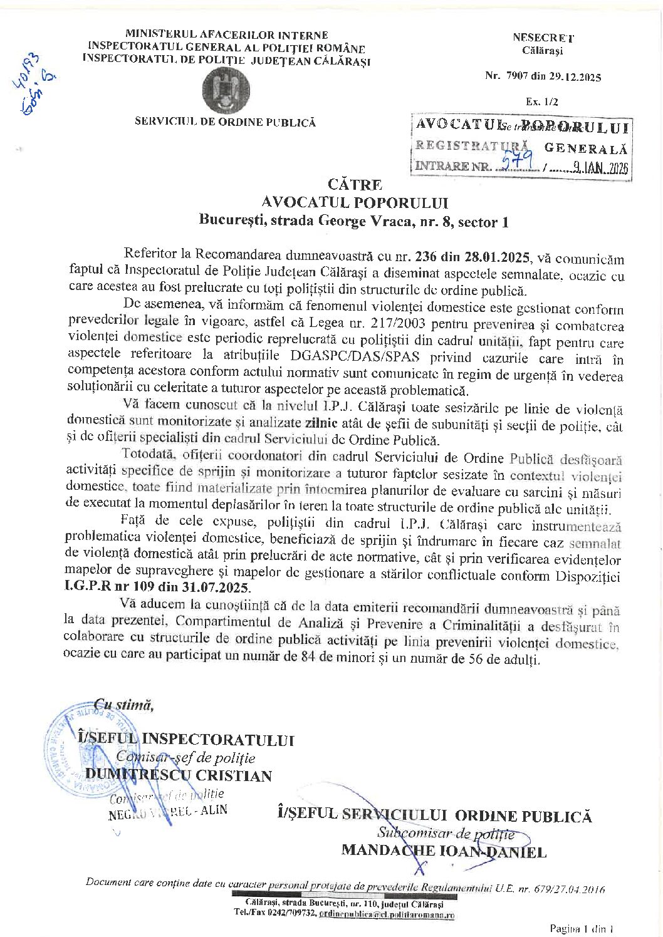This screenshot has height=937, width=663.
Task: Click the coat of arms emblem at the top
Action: [226, 90]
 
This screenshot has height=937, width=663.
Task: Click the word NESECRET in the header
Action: [543, 38]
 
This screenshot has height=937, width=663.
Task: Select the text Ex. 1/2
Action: [542, 101]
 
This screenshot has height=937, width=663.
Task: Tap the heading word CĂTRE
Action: [355, 184]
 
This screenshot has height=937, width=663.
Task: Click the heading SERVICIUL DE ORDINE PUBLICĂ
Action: [225, 122]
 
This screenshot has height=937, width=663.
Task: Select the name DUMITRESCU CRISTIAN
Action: [178, 775]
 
